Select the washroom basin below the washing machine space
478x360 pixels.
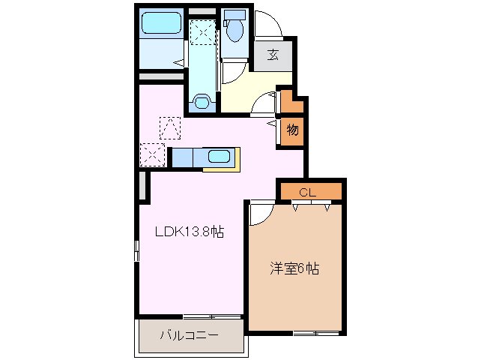202,100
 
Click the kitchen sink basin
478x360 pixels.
218,157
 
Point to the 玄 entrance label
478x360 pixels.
273,54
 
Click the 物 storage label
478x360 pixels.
292,130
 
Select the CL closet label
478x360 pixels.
308,192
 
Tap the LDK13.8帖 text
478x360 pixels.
190,232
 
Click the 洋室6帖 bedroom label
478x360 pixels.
294,268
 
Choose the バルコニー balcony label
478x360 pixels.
189,335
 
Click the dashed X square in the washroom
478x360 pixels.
201,31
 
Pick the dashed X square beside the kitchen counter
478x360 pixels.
153,155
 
